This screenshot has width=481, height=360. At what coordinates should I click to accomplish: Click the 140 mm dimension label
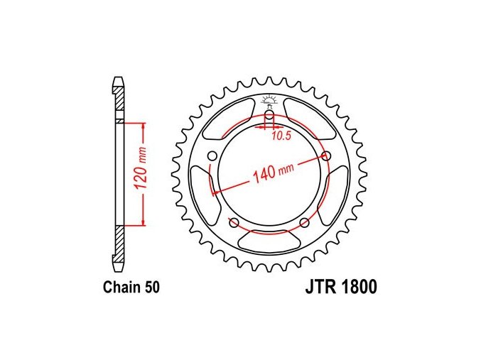272,173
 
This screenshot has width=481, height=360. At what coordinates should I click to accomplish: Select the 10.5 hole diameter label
281,136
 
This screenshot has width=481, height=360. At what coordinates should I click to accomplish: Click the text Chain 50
131,288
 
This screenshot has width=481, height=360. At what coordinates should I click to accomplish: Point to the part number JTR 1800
341,287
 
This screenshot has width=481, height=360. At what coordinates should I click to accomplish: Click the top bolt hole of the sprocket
269,115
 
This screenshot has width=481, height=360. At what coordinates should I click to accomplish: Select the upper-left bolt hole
211,156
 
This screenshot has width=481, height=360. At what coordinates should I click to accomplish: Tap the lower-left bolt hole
234,223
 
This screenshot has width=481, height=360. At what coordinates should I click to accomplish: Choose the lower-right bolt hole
304,223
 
